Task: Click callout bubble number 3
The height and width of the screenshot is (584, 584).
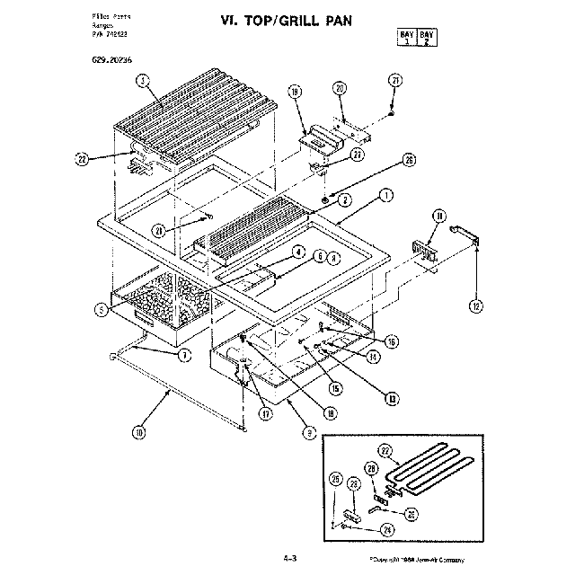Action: point(142,80)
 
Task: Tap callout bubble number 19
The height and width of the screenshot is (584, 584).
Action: point(293,92)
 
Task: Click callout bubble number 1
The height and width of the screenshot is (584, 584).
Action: point(385,194)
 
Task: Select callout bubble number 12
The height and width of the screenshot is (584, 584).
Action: point(475,305)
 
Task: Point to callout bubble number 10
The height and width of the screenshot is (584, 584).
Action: point(138,432)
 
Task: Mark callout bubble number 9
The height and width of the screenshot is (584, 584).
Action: point(308,432)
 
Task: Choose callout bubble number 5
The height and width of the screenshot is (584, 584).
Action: point(102,309)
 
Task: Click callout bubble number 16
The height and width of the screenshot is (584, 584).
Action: point(392,341)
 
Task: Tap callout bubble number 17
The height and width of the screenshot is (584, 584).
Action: point(266,414)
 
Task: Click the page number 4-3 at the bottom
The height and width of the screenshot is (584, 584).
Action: point(289,559)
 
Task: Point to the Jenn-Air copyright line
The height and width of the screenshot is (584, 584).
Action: point(416,560)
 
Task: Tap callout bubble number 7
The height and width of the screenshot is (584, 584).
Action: point(183,355)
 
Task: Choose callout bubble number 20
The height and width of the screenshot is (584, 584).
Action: point(339,87)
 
